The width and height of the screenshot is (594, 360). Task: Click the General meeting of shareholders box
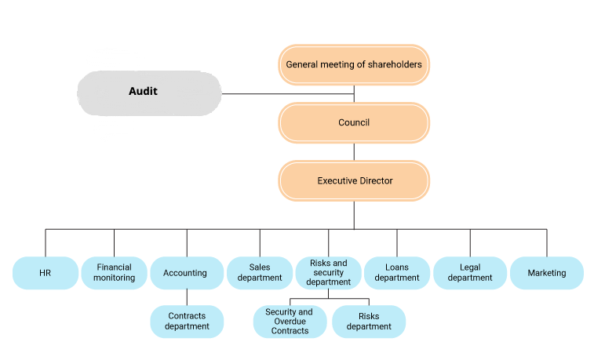pos(354,64)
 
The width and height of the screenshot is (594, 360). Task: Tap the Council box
pos(354,122)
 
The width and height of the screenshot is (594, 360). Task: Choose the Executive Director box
pos(354,180)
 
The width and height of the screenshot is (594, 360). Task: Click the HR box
pos(45,273)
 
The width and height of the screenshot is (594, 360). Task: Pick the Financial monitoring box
pos(114,273)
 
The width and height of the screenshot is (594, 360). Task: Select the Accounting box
pos(185,273)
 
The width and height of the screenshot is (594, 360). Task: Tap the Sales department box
pos(260,273)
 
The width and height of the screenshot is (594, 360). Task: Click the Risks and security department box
pos(328,273)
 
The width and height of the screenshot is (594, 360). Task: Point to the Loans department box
pos(397,273)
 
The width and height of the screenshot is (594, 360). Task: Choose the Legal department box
pos(471,273)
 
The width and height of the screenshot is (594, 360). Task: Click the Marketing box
pos(547,273)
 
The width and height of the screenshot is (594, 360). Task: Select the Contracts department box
pos(187,322)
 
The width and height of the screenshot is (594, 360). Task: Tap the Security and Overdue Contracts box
pos(289,322)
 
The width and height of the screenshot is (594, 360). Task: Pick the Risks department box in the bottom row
pos(369,322)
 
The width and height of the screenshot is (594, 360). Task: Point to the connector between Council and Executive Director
pos(354,151)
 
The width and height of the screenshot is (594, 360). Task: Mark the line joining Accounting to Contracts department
pos(187,297)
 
